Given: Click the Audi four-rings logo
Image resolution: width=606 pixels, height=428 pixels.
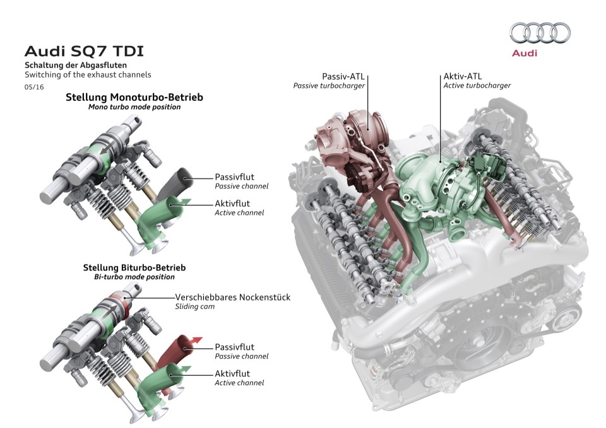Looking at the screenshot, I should [540, 33].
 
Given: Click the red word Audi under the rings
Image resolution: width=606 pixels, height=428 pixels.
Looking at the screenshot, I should [525, 53].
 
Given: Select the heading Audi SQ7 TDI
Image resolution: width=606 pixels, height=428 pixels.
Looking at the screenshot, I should [88, 50].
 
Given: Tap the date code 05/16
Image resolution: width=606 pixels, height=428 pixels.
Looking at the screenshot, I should [33, 86].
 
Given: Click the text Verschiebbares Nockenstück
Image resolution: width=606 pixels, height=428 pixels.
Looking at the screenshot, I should [232, 297].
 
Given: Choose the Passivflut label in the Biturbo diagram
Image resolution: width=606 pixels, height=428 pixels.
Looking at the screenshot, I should [234, 347].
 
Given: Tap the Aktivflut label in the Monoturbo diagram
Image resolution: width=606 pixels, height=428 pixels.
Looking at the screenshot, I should [232, 203].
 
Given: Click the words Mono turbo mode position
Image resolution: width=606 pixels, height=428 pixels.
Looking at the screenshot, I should [134, 107].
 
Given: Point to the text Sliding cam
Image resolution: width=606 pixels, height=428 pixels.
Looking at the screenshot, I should [194, 306].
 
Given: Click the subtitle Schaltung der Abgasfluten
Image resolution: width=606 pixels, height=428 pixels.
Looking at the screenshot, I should [76, 65].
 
